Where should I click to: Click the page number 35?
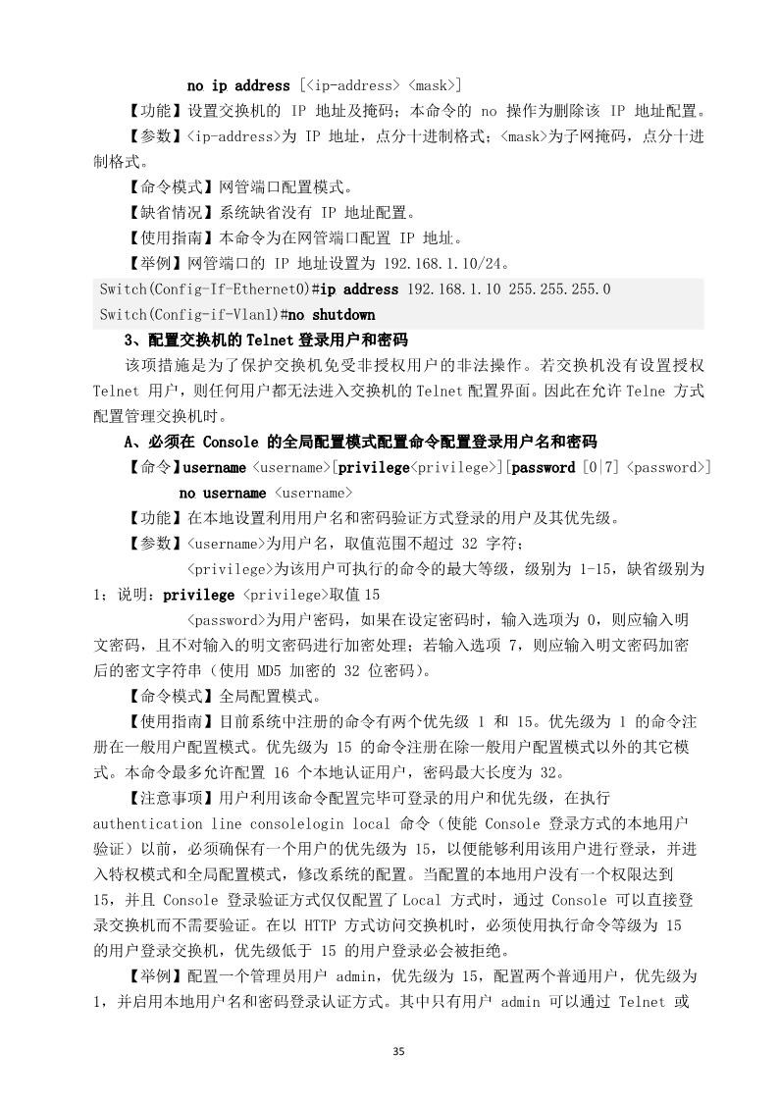(x=397, y=1052)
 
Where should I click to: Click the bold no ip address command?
(x=238, y=85)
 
